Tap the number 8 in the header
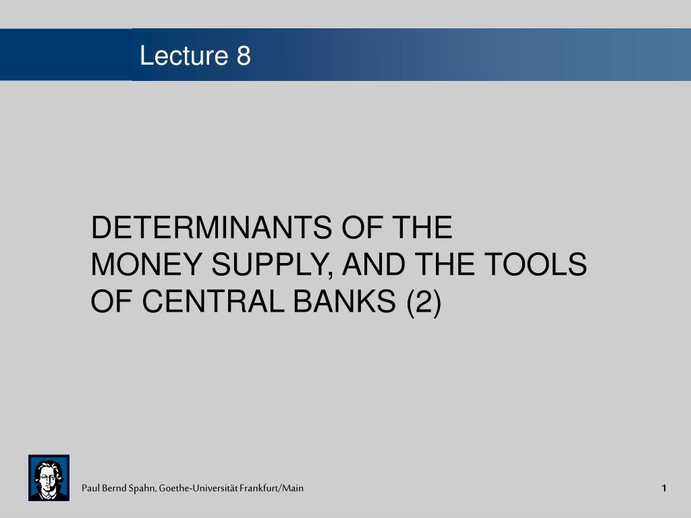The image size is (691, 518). click(244, 56)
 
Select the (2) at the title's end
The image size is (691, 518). click(423, 303)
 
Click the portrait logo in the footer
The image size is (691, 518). click(49, 478)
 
